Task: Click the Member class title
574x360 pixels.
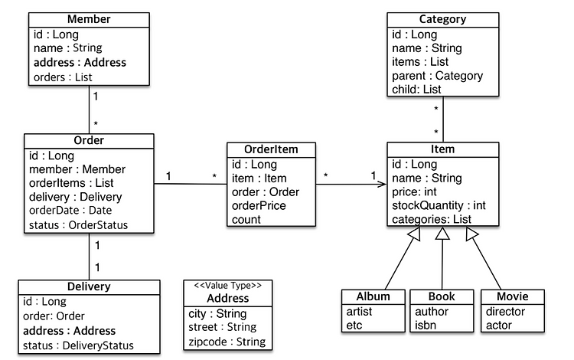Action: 89,19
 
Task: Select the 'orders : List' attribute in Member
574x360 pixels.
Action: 63,77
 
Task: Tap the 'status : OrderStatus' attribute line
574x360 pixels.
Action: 78,225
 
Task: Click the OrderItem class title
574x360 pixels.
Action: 271,149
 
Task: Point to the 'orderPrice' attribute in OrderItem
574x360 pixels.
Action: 259,205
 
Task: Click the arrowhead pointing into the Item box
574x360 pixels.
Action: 382,184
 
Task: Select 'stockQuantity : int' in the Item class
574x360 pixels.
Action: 439,205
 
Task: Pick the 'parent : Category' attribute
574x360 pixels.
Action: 438,76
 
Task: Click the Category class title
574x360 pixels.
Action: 442,19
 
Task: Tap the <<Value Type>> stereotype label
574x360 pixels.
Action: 228,286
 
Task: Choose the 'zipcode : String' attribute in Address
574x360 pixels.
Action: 227,342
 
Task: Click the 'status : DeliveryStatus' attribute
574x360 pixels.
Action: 78,345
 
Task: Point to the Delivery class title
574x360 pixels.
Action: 89,286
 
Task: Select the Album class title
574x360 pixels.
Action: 373,296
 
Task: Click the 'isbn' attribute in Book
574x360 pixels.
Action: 426,326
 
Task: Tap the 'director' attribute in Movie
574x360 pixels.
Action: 505,312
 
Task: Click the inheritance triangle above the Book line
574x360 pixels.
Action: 442,234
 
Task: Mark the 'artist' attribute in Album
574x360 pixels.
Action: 359,312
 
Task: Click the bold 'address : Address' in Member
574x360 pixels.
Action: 80,63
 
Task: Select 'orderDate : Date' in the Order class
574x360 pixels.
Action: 70,211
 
